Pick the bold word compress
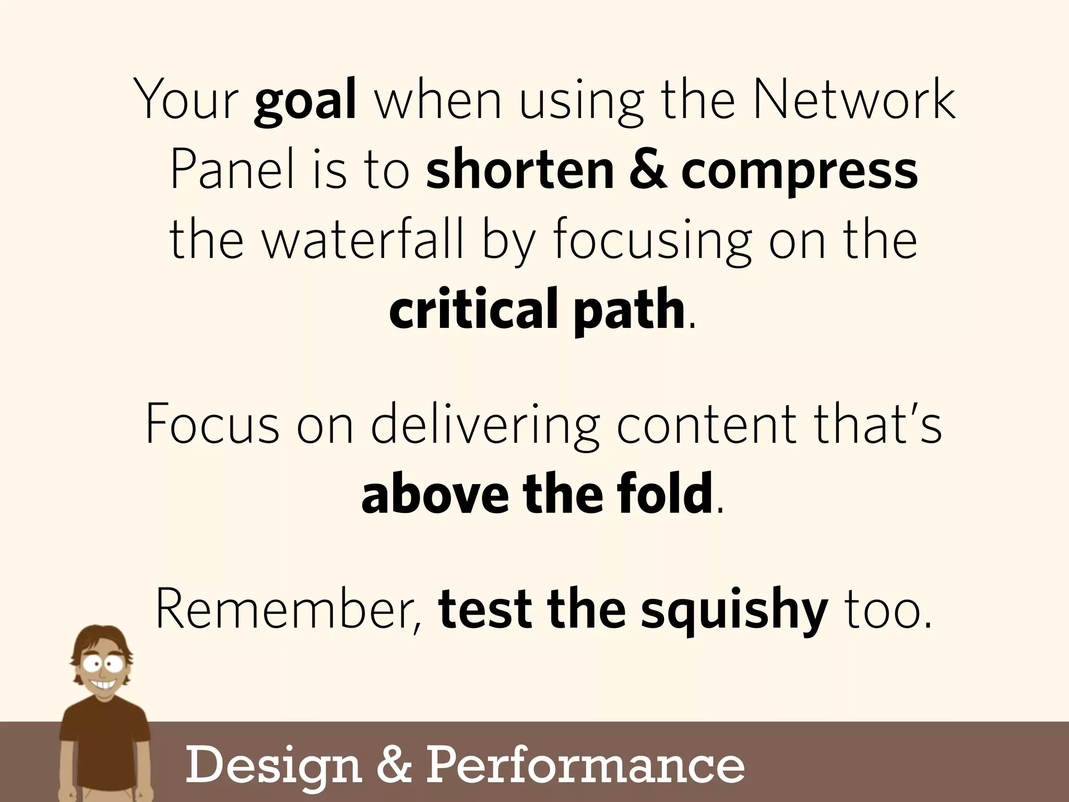coord(799,172)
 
